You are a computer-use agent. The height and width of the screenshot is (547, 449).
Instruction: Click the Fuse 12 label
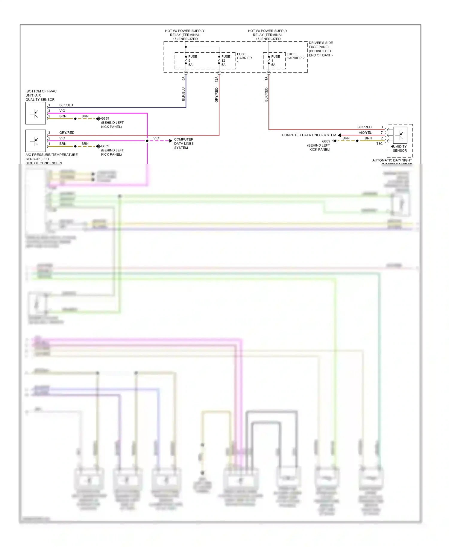[225, 60]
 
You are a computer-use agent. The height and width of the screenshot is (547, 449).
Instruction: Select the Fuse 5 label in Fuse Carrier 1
[192, 60]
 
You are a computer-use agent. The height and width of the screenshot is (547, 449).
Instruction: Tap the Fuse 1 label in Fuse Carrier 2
[275, 60]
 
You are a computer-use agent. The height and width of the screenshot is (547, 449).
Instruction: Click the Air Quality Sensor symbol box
[36, 113]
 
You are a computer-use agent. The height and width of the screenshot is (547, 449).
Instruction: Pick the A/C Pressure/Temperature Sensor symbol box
[36, 141]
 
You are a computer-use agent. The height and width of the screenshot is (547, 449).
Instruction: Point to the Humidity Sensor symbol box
[400, 135]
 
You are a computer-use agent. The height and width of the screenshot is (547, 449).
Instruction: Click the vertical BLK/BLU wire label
[183, 94]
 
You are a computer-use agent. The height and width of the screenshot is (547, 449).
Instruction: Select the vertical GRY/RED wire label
[216, 95]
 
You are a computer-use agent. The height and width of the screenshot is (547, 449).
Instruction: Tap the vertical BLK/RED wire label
[266, 95]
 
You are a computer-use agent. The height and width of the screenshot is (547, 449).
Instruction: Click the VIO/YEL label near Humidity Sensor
[365, 133]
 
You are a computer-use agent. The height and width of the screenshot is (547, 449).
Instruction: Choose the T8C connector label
[379, 144]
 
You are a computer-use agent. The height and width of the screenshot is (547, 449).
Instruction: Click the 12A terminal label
[216, 79]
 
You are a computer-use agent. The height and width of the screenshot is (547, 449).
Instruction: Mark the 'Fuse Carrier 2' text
[295, 56]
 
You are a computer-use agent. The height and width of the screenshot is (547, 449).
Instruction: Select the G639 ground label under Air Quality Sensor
[105, 118]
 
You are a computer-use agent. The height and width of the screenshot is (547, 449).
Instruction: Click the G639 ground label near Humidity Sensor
[326, 141]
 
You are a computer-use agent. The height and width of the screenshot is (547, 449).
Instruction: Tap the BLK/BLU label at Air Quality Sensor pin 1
[66, 105]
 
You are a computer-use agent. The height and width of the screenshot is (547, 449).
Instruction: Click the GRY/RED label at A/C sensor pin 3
[67, 133]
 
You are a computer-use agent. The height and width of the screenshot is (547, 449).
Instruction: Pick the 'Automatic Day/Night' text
[392, 160]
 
